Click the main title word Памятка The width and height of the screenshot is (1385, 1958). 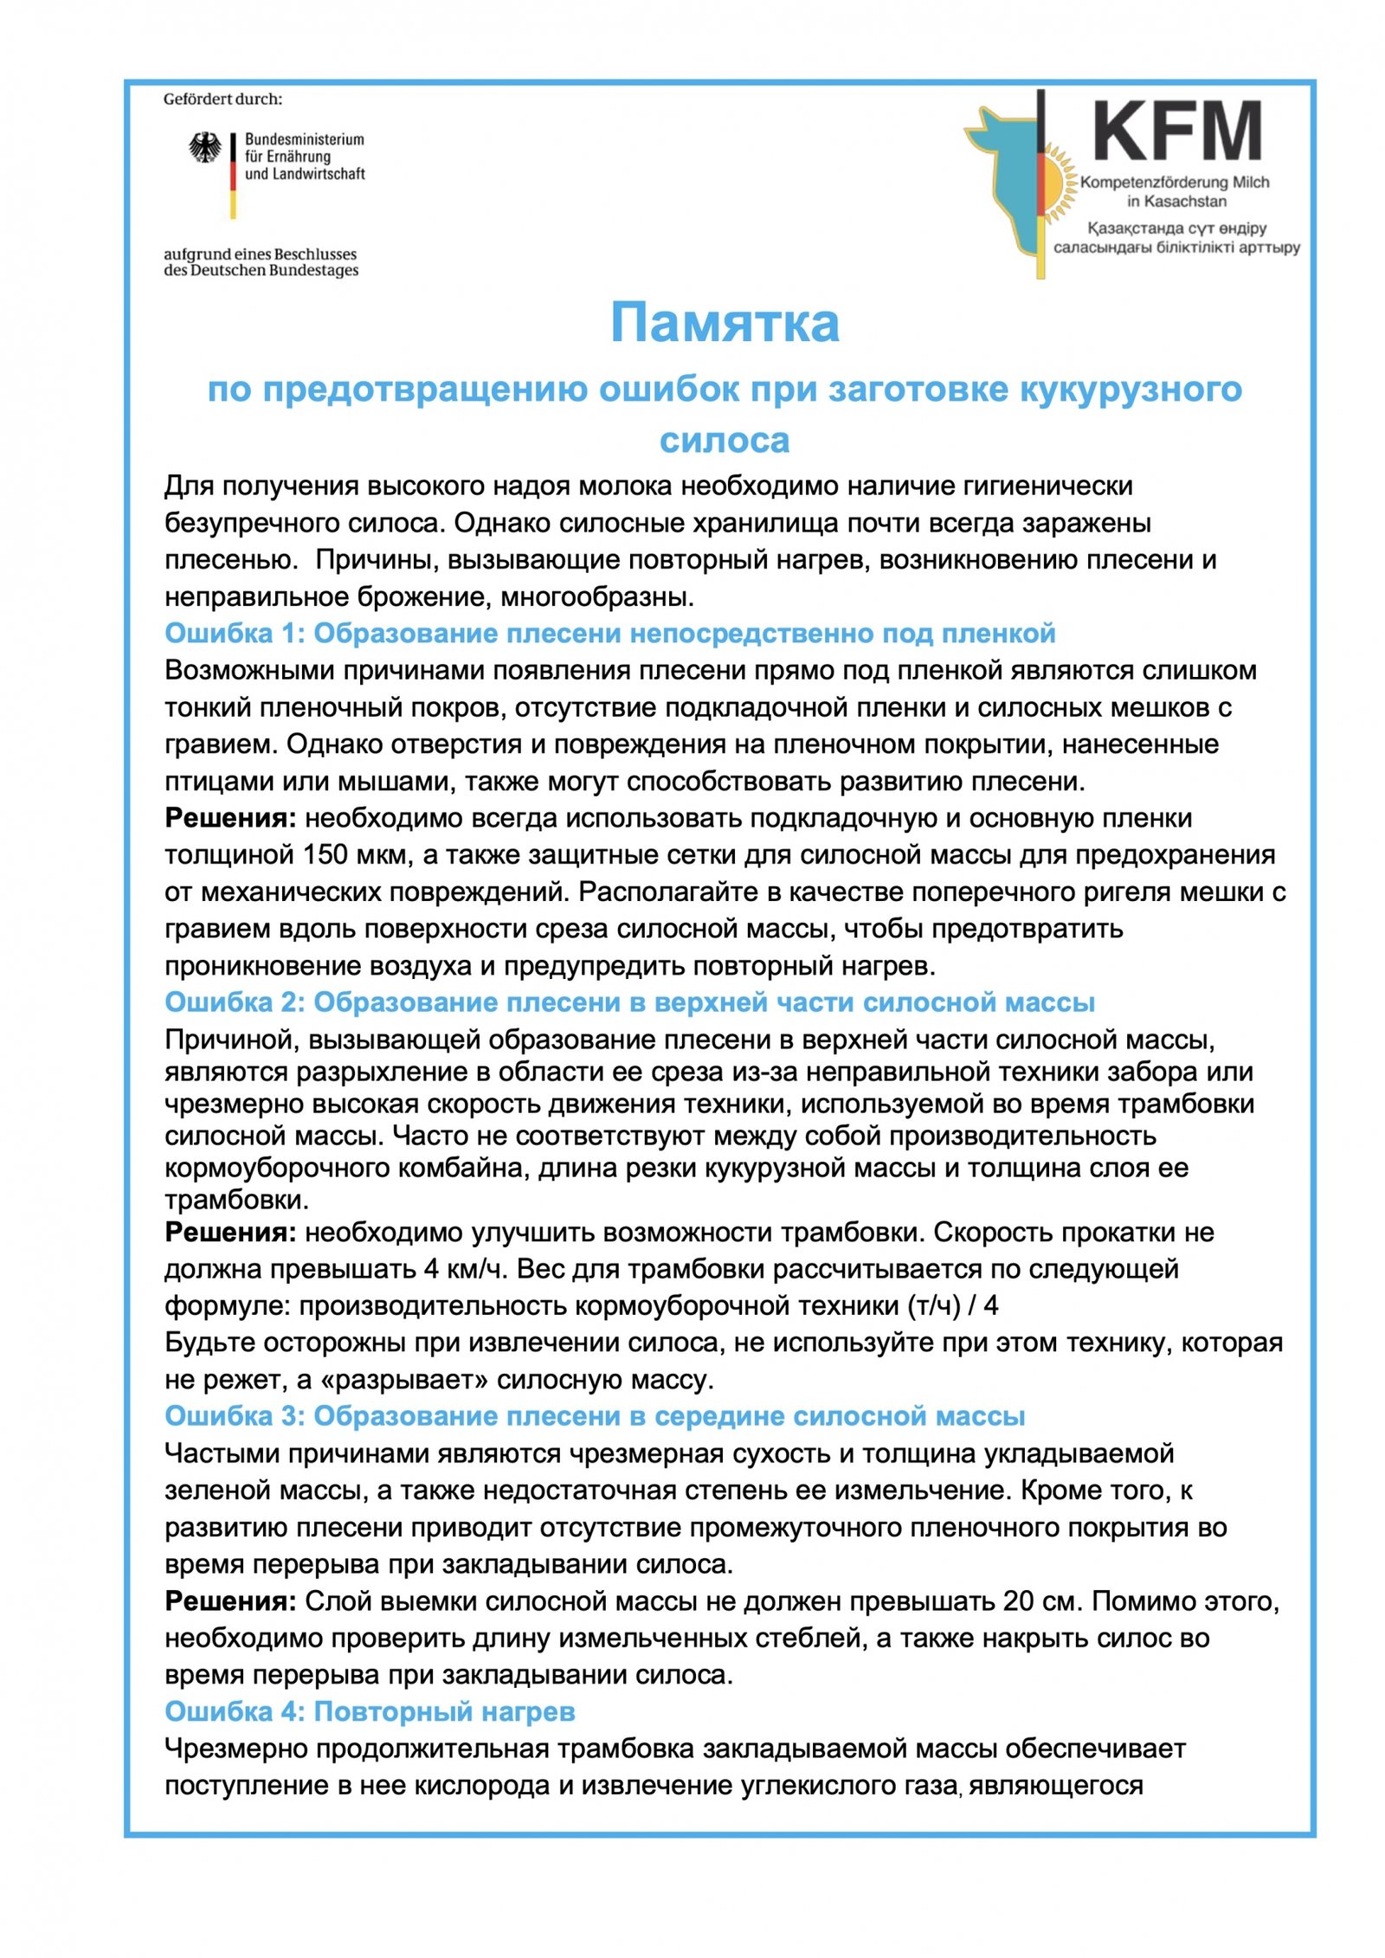(725, 323)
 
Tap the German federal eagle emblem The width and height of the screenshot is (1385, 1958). (205, 148)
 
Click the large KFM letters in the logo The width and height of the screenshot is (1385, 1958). (1176, 131)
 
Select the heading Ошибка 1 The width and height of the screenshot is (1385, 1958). (609, 634)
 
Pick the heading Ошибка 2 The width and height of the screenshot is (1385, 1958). (629, 1002)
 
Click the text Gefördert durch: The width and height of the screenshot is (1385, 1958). (223, 100)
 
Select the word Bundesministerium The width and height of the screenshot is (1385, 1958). (304, 139)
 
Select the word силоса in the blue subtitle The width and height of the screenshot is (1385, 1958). (725, 441)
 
